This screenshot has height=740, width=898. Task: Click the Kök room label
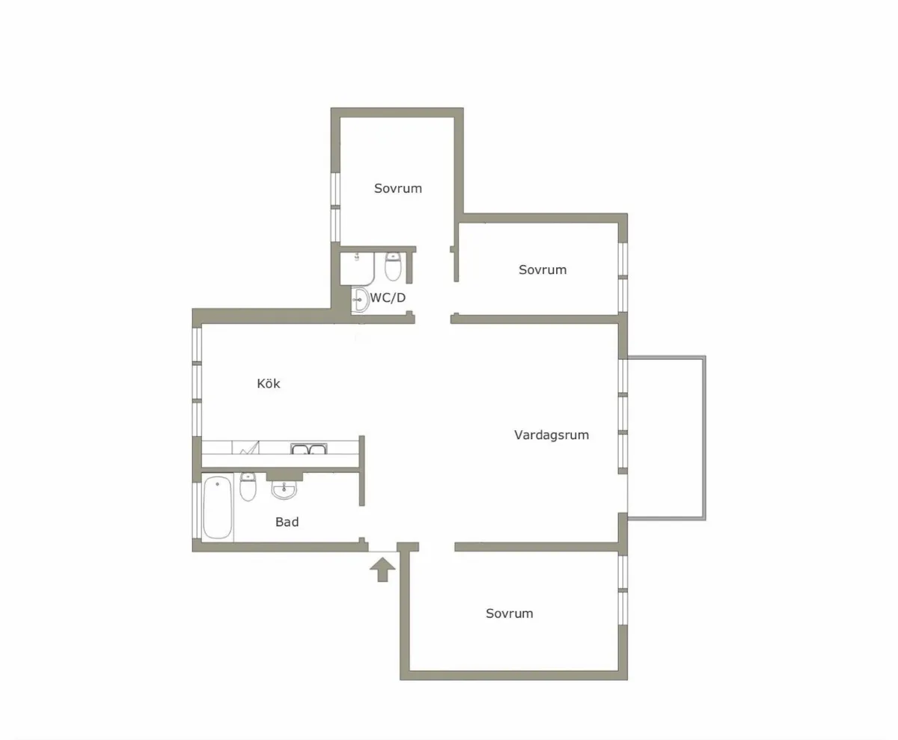click(269, 383)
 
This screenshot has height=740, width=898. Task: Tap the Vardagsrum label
click(552, 435)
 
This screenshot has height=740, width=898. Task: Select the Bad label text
click(287, 522)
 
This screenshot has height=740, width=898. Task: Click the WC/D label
click(388, 298)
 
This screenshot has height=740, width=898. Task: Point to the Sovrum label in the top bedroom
click(398, 189)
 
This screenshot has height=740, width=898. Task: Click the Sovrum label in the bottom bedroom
click(509, 613)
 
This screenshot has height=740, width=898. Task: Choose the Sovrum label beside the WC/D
click(543, 269)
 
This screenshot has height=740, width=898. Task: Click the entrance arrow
click(382, 569)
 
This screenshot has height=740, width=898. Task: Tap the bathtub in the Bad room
click(218, 507)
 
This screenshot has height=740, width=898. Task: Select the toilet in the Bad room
click(248, 486)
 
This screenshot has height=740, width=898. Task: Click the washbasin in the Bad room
click(284, 490)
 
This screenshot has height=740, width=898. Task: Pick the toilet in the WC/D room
click(393, 266)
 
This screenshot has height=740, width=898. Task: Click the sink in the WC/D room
click(360, 300)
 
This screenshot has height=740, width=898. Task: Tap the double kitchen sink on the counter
click(309, 449)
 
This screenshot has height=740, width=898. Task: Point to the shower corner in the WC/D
click(357, 269)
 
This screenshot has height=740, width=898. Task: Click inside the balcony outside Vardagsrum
click(666, 438)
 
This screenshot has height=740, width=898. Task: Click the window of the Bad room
click(197, 510)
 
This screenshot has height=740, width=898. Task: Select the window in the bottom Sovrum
click(623, 589)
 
